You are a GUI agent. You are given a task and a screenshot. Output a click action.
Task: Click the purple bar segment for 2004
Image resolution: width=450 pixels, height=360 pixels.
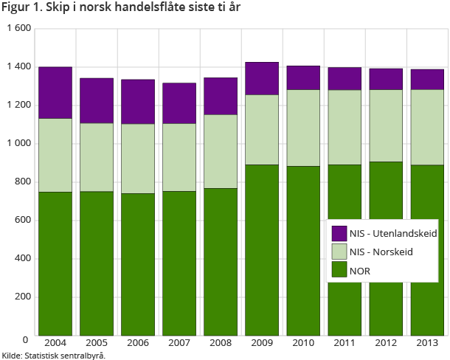click(55, 92)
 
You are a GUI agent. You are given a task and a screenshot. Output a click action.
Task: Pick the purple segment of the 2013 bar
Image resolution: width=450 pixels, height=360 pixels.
click(428, 79)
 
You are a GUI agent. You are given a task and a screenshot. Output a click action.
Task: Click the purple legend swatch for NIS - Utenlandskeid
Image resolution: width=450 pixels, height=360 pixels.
click(339, 233)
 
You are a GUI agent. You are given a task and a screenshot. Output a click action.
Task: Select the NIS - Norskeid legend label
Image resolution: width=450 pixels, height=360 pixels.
click(381, 252)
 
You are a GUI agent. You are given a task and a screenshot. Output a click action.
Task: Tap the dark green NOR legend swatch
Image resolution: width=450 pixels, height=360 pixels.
click(339, 271)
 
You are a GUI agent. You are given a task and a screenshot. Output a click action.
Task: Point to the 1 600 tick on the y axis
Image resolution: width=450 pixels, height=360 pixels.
click(18, 28)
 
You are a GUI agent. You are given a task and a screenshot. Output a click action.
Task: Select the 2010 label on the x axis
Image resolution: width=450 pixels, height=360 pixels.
click(304, 343)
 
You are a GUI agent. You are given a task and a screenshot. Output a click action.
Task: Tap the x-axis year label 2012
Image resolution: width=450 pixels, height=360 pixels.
click(387, 343)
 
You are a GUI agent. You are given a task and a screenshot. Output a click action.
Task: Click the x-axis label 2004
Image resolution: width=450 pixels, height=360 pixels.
click(55, 343)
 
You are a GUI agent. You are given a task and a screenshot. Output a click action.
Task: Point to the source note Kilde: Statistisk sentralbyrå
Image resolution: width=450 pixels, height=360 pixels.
click(54, 356)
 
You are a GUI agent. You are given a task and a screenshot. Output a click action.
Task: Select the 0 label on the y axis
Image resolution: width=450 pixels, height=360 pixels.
click(25, 339)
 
